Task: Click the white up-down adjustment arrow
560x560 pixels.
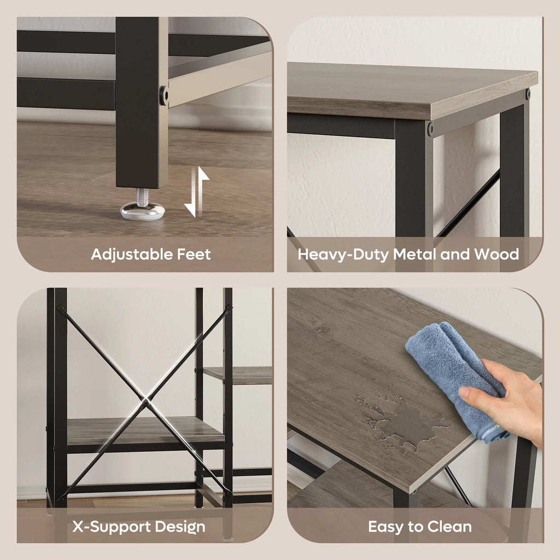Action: pos(197,192)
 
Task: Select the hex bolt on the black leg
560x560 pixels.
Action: pos(164,95)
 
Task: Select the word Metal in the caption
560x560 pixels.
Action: pos(415,254)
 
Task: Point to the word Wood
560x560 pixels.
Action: pos(497,254)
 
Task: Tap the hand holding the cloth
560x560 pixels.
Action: pos(507,400)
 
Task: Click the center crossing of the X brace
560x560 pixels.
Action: pos(145,402)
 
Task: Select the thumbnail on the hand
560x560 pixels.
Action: pos(465,393)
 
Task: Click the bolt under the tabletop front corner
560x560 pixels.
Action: pos(430,129)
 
